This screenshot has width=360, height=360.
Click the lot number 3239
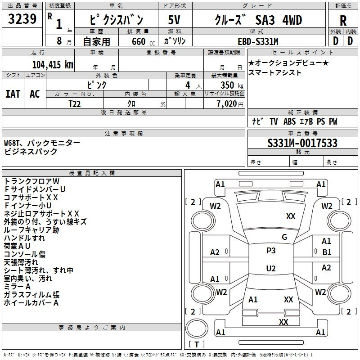[x=22, y=19]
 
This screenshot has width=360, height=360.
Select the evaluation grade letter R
[x=343, y=20]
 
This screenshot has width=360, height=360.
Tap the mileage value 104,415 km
[x=53, y=64]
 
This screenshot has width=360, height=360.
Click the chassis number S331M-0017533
[x=302, y=144]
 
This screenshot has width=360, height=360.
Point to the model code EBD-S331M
[x=258, y=41]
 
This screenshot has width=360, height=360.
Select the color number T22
[x=75, y=103]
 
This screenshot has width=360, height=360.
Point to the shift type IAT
[x=13, y=94]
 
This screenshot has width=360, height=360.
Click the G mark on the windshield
[x=284, y=237]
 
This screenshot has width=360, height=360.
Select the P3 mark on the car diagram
[x=271, y=251]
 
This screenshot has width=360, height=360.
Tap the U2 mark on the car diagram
[x=271, y=268]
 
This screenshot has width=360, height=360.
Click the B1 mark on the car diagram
[x=326, y=252]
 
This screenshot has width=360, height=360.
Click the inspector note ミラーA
[x=18, y=287]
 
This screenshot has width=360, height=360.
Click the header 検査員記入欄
[x=92, y=173]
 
